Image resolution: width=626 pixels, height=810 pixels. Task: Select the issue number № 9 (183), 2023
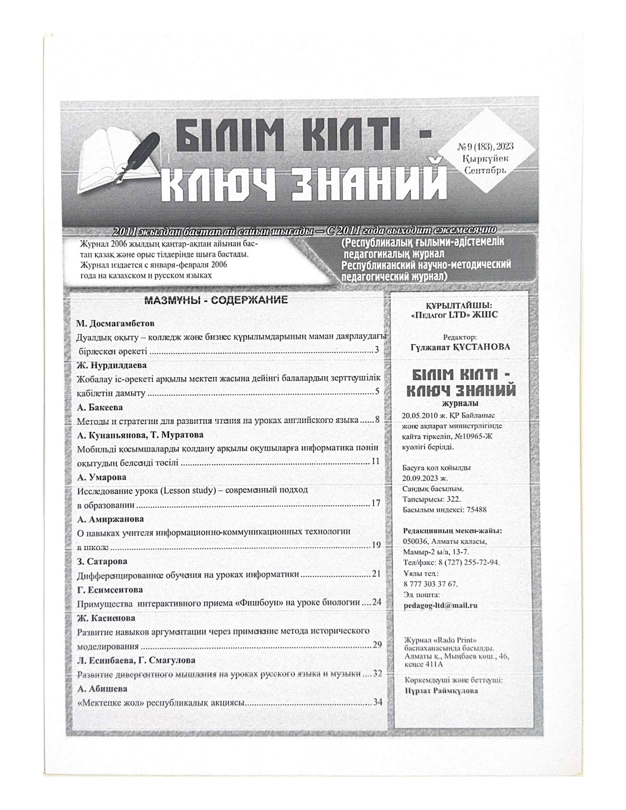tap(486, 147)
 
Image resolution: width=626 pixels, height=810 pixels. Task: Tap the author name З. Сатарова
tap(102, 561)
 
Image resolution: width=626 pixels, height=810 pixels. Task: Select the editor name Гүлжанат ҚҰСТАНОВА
tap(460, 347)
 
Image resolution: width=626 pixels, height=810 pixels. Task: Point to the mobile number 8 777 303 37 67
tap(430, 584)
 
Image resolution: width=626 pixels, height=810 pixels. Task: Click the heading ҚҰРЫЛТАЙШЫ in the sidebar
tap(460, 306)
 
